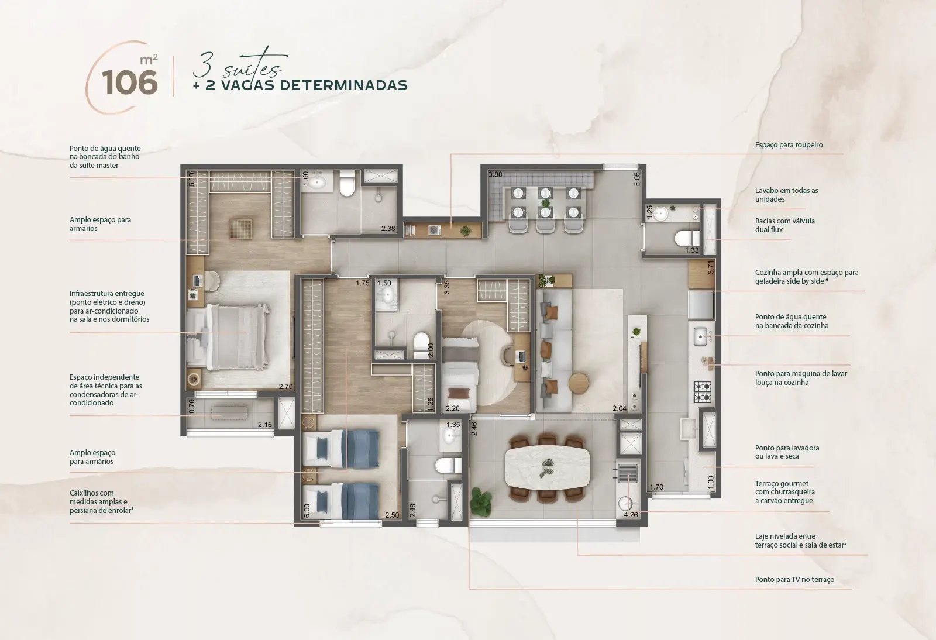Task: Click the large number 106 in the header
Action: (x=129, y=82)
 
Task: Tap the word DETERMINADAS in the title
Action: (x=343, y=85)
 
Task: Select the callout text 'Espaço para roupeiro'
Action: (x=789, y=145)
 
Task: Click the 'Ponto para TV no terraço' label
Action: (x=794, y=579)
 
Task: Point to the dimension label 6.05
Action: (x=637, y=179)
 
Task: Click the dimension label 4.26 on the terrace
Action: (x=631, y=515)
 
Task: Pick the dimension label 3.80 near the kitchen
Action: (x=495, y=174)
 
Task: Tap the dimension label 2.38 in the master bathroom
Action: (x=388, y=229)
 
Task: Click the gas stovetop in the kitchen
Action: (x=703, y=392)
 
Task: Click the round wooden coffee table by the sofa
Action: (x=579, y=382)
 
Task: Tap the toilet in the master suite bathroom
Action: (x=347, y=183)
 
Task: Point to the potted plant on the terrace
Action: (x=481, y=502)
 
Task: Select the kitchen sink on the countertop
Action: (x=700, y=336)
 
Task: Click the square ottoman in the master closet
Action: (x=240, y=229)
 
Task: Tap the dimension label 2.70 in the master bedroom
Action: (x=286, y=387)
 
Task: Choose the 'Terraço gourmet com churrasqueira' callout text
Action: (x=784, y=492)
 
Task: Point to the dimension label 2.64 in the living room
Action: (x=620, y=408)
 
